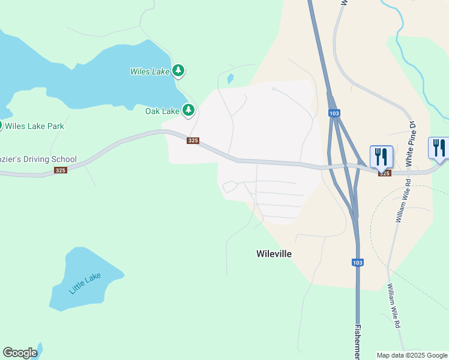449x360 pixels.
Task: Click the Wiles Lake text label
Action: pyautogui.click(x=150, y=71)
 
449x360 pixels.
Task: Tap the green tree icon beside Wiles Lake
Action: pyautogui.click(x=178, y=71)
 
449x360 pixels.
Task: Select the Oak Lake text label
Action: pyautogui.click(x=162, y=111)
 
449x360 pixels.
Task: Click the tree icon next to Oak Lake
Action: pyautogui.click(x=188, y=110)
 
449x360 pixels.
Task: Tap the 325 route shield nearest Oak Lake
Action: pyautogui.click(x=193, y=140)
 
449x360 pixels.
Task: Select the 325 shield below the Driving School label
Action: pyautogui.click(x=60, y=170)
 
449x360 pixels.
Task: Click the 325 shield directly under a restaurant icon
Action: pyautogui.click(x=384, y=173)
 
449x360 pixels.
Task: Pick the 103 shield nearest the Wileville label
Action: pyautogui.click(x=358, y=262)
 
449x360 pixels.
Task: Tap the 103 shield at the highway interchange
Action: pyautogui.click(x=334, y=113)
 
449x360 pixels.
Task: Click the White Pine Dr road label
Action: pyautogui.click(x=411, y=144)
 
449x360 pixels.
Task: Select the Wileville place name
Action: pyautogui.click(x=274, y=254)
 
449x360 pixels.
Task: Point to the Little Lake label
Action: pyautogui.click(x=85, y=283)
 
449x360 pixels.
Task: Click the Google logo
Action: pyautogui.click(x=20, y=353)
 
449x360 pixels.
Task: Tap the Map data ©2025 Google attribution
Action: pyautogui.click(x=412, y=355)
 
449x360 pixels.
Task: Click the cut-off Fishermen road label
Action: pyautogui.click(x=358, y=342)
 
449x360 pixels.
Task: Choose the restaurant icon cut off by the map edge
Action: pyautogui.click(x=439, y=148)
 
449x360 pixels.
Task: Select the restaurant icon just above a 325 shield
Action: pyautogui.click(x=381, y=157)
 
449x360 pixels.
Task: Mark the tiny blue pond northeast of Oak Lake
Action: pyautogui.click(x=230, y=78)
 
